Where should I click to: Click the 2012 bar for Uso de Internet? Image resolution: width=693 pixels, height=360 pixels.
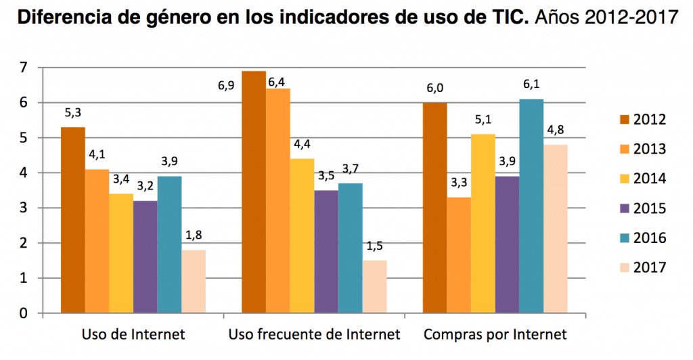click(x=72, y=220)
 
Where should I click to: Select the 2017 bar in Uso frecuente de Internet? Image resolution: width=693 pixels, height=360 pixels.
click(x=374, y=286)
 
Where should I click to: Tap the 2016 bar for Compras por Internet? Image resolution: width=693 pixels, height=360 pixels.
click(x=531, y=206)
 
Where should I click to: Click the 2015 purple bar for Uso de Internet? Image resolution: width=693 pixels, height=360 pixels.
click(x=145, y=256)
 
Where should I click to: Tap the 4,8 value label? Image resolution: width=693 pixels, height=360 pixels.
click(x=555, y=130)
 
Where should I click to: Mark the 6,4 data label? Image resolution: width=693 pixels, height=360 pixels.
click(x=276, y=83)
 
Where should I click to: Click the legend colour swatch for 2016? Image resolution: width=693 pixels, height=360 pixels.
click(x=625, y=238)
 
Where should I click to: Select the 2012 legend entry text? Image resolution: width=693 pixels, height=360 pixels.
click(x=650, y=120)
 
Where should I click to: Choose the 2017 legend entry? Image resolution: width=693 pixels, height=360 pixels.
click(x=650, y=267)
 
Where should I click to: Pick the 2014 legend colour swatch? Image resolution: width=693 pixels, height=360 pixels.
click(x=625, y=179)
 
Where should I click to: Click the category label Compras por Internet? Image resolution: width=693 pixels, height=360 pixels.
click(x=495, y=334)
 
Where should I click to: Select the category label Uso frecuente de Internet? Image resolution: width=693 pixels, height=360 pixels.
click(x=315, y=334)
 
